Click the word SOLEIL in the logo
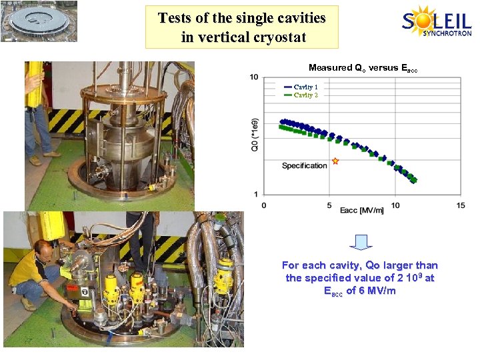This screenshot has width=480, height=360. [437, 21]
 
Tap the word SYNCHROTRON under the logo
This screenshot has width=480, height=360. [447, 33]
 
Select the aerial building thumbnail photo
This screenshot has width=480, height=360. [39, 21]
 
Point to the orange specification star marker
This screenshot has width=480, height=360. [335, 161]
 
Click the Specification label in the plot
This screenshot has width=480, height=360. [305, 165]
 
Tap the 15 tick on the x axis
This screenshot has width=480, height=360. [461, 205]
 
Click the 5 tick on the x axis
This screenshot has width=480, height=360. [329, 205]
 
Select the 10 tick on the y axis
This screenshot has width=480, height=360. [254, 77]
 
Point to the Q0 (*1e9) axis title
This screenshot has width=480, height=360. [254, 136]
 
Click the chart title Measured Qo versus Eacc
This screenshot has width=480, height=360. [363, 68]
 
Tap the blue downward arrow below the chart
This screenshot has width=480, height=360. [363, 242]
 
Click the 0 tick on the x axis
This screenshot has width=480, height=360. [264, 205]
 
